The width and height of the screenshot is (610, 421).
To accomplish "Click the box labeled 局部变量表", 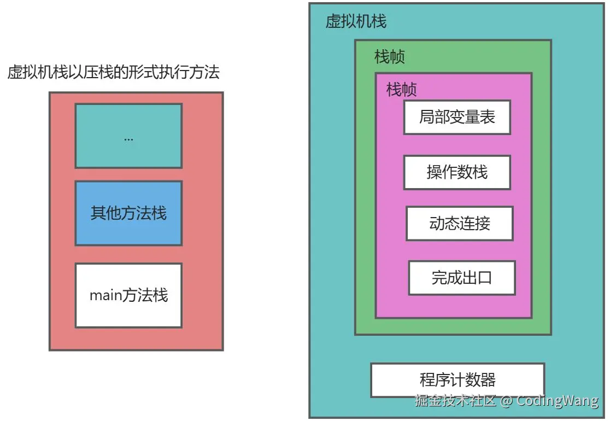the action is pyautogui.click(x=457, y=117).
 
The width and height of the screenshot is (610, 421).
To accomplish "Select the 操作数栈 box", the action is pyautogui.click(x=457, y=172).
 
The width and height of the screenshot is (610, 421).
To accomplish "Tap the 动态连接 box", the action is pyautogui.click(x=459, y=223).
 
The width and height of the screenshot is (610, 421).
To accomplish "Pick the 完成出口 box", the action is pyautogui.click(x=462, y=278).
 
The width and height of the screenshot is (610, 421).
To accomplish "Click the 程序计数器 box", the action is pyautogui.click(x=457, y=379).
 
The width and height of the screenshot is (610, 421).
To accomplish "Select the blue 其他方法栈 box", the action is pyautogui.click(x=128, y=213).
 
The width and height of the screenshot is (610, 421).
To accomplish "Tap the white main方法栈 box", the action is pyautogui.click(x=128, y=295).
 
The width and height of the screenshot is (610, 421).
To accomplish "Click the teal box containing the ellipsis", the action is pyautogui.click(x=128, y=136).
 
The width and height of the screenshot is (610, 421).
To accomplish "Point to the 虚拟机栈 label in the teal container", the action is pyautogui.click(x=356, y=21).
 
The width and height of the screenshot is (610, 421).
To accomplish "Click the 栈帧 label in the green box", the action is pyautogui.click(x=390, y=57).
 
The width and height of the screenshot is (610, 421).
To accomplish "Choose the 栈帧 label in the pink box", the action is pyautogui.click(x=402, y=89).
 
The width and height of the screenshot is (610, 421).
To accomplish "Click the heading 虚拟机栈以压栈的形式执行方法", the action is pyautogui.click(x=114, y=73).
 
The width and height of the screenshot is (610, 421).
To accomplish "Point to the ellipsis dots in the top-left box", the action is pyautogui.click(x=128, y=139).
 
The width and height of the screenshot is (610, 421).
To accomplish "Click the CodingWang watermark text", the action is pyautogui.click(x=558, y=401).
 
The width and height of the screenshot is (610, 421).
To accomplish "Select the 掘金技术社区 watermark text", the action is pyautogui.click(x=455, y=401).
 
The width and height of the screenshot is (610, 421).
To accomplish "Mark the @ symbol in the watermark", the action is pyautogui.click(x=506, y=401).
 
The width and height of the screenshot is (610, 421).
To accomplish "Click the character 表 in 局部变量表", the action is pyautogui.click(x=488, y=117).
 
